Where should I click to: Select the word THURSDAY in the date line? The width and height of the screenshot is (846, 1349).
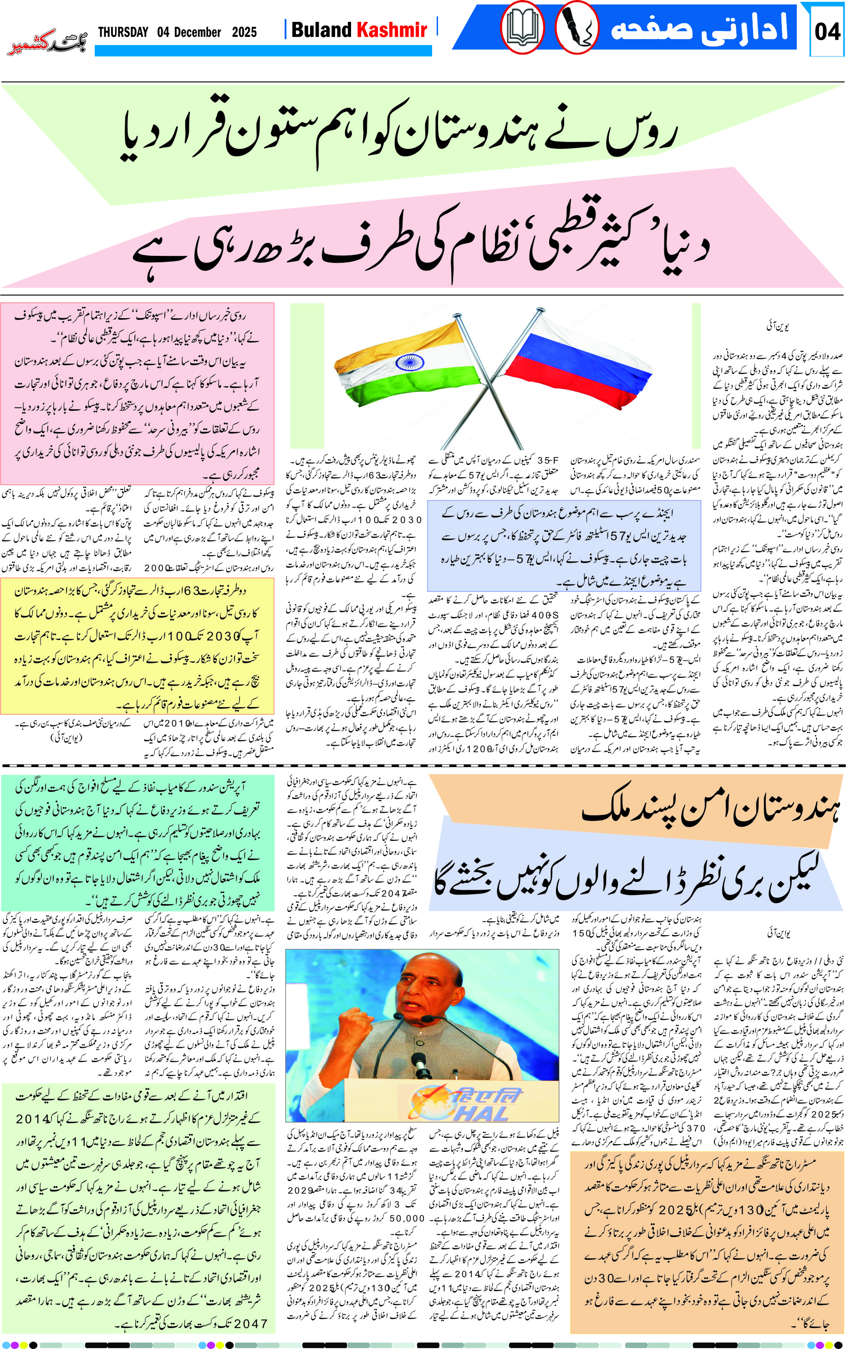[123, 32]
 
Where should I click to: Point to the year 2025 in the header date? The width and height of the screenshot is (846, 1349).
[245, 32]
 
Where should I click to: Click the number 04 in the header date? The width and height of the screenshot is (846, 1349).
[163, 32]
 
